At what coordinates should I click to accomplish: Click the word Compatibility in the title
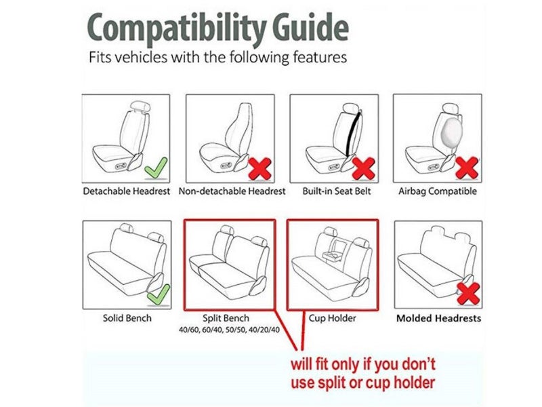point(178,28)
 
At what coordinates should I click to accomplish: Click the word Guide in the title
point(310,27)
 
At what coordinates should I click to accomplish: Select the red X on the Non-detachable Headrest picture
point(260,168)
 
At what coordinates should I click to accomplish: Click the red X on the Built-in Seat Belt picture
point(363,168)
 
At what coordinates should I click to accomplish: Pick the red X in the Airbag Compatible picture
point(467,168)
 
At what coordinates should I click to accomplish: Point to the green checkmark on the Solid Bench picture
point(159,294)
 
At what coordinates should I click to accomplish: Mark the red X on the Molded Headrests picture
point(468,294)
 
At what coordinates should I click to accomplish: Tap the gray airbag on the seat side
point(452,132)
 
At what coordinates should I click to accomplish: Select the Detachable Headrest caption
point(127,191)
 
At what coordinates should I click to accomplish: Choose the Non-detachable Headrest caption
point(232,191)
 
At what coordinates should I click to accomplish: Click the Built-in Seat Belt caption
point(336,191)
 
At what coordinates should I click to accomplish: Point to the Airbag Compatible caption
point(437,191)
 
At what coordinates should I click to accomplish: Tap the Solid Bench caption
point(127,318)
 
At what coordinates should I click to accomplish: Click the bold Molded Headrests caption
point(438,318)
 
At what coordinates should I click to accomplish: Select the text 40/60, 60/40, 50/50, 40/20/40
point(229,330)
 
